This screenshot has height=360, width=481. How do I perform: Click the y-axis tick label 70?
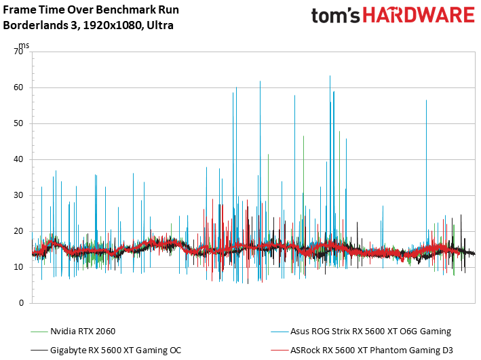pos(18,52)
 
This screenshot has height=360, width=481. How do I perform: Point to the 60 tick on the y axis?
pos(18,87)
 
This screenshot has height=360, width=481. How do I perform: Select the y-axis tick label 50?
pos(18,123)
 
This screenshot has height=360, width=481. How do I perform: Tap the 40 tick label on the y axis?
pos(18,159)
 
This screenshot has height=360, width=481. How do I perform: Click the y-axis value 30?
pos(18,195)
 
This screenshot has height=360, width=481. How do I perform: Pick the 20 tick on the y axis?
pos(18,231)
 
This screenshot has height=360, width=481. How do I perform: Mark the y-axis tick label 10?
pos(18,267)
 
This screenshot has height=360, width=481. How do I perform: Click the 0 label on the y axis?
pos(21,303)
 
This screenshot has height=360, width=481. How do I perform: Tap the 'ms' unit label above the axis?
pos(24,45)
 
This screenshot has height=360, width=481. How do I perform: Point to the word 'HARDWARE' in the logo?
pos(419,15)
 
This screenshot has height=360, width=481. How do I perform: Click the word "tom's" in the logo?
pos(336,16)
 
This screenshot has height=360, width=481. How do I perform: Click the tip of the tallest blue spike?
pos(330,75)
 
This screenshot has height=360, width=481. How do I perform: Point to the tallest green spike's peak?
pos(339,132)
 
